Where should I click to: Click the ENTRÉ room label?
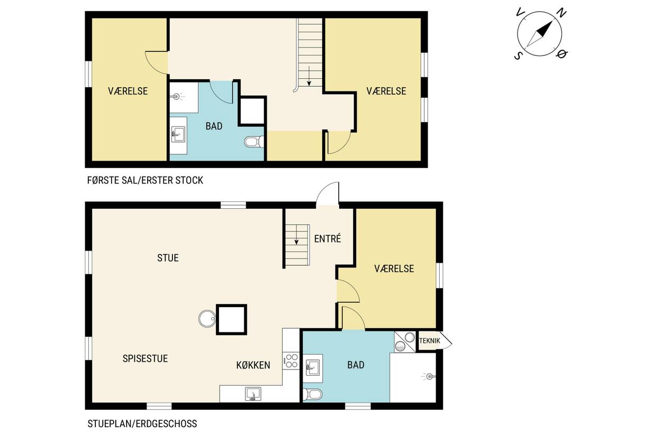328,239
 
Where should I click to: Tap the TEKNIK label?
429,340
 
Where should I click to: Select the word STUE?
168,258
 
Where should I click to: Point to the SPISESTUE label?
145,358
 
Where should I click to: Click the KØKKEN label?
253,365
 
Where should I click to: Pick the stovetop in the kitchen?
291,361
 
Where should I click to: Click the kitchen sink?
253,394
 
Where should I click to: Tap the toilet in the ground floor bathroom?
313,395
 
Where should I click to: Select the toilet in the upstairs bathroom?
254,142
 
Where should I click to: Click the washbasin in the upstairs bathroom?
178,134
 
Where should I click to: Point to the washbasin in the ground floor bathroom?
313,368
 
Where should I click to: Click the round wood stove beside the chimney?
207,318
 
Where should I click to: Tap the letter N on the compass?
561,13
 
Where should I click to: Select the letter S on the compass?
518,55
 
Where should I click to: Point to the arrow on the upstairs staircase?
309,76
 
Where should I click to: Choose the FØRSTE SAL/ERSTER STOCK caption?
145,180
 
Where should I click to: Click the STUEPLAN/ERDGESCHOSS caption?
142,423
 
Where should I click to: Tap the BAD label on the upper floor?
214,126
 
